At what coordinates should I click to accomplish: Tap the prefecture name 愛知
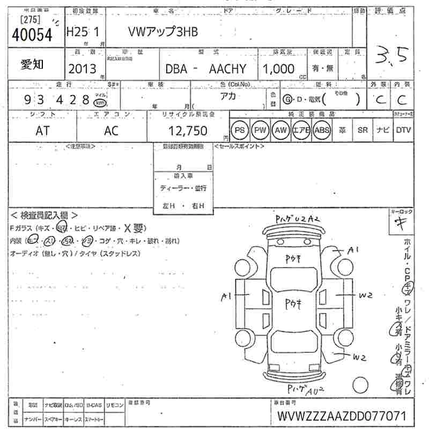(33, 64)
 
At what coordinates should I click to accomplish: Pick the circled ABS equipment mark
(322, 130)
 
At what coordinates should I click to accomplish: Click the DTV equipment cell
(403, 130)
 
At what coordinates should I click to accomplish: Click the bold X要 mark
(135, 228)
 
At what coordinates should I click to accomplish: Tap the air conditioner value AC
(111, 131)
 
